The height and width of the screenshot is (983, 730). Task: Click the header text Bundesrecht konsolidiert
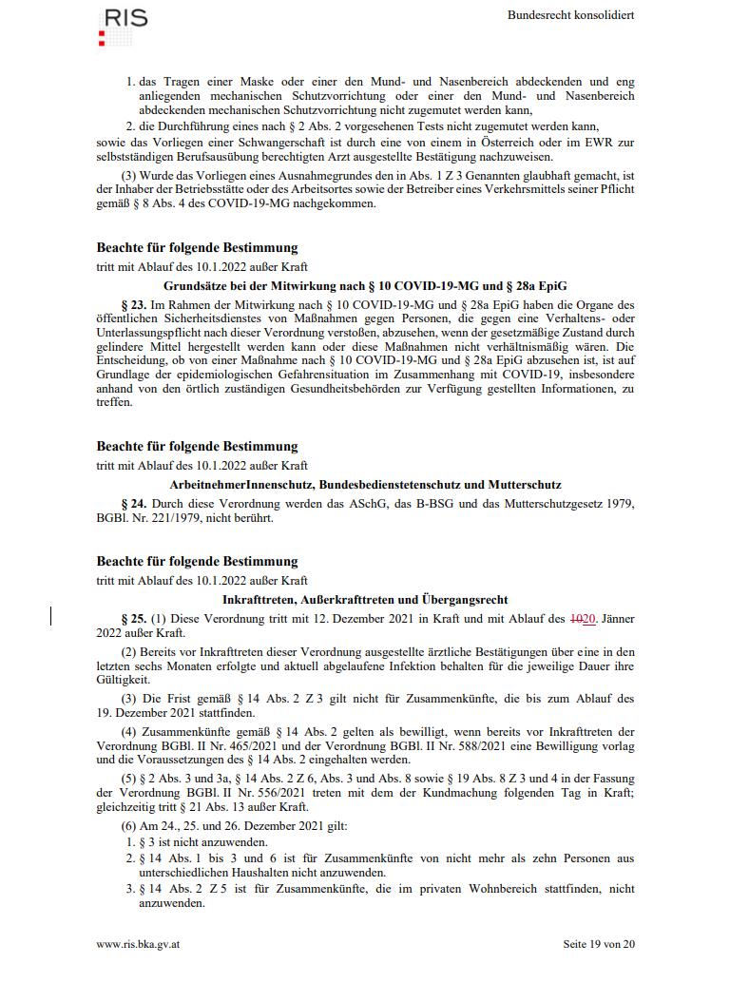click(x=570, y=15)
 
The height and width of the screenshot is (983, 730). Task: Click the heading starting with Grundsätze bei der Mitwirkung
click(x=366, y=285)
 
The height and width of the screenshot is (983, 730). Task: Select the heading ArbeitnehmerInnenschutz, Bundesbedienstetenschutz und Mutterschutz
click(x=366, y=484)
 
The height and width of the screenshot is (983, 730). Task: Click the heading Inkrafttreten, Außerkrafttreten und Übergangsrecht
click(x=366, y=600)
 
